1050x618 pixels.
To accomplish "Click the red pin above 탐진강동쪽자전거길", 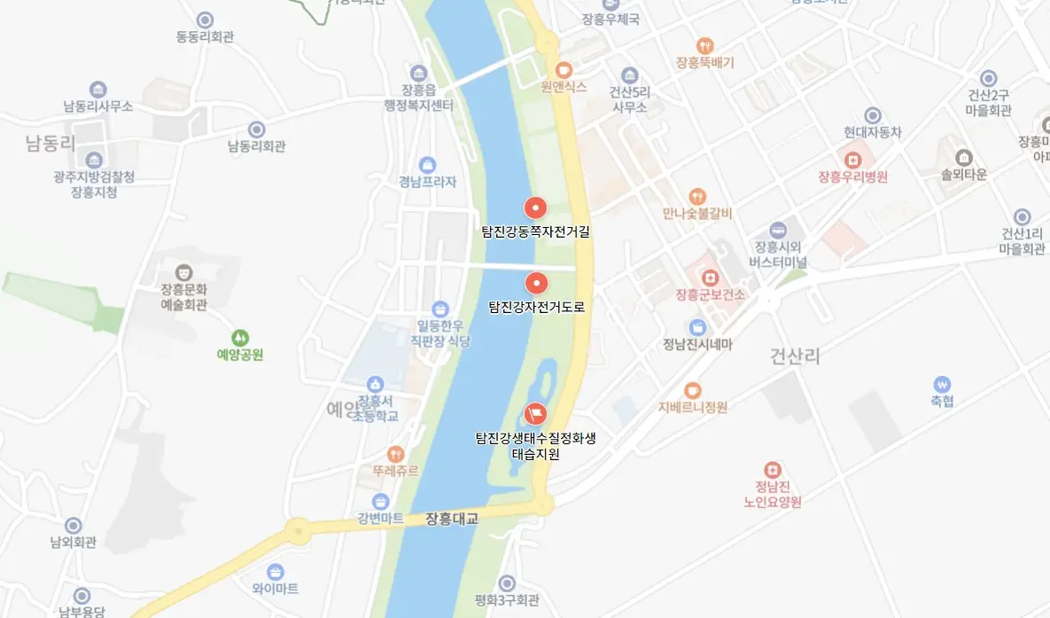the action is pos(535,207).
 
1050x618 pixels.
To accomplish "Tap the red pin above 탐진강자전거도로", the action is pos(536,284).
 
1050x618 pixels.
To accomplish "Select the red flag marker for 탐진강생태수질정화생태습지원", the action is pos(535,413).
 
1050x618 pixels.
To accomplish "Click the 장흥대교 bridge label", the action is pos(452,519).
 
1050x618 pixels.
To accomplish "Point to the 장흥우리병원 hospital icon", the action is pos(853,160).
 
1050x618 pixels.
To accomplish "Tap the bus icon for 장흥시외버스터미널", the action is pos(778,230).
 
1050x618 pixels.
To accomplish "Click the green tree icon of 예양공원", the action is pos(240,338).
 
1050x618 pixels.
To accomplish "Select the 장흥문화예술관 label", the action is pos(183,297).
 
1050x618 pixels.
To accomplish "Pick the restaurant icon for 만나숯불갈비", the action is pos(697,196).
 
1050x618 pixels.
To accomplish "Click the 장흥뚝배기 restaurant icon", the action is pos(705,45).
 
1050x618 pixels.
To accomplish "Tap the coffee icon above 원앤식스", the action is pos(564,69).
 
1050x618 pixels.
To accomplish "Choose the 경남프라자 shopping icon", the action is pos(428,165).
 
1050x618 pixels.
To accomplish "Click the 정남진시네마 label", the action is pos(698,345).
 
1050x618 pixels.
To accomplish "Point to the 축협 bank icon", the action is pos(942,384).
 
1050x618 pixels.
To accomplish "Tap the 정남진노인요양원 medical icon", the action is pos(774,468).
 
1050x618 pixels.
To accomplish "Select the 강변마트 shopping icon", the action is pos(381,501).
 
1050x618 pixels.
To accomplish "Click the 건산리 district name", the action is pos(795,356).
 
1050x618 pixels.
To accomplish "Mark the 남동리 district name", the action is pos(51,144).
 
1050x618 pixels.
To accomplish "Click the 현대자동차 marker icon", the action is pos(873,115).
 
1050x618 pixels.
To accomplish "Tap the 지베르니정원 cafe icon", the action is pos(693,390).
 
